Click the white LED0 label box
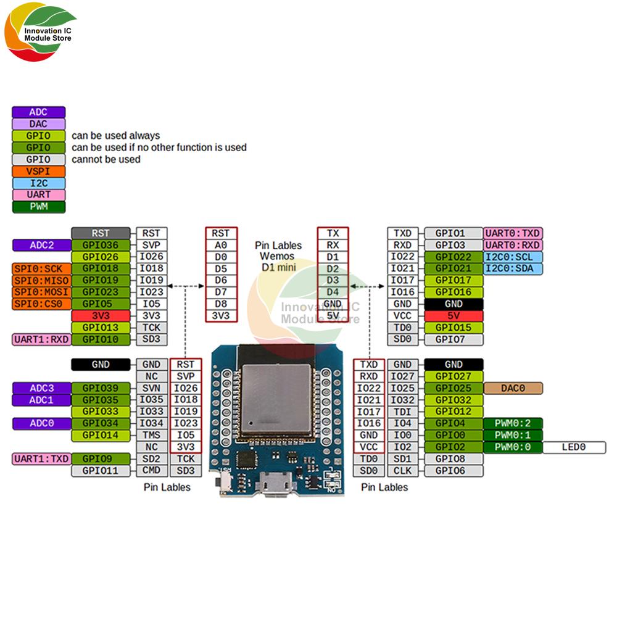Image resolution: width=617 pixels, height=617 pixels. pyautogui.click(x=574, y=447)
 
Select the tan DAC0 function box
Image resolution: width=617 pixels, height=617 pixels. pyautogui.click(x=513, y=388)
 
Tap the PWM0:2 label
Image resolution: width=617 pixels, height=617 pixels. pyautogui.click(x=513, y=423)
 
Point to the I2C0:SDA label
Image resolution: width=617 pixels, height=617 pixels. pyautogui.click(x=513, y=268)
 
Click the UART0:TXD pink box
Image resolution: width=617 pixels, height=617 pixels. pyautogui.click(x=513, y=233)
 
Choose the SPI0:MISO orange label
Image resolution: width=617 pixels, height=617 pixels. pyautogui.click(x=40, y=280)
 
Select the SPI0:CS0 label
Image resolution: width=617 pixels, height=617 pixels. pyautogui.click(x=40, y=304)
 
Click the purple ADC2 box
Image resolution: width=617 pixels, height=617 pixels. pyautogui.click(x=41, y=245)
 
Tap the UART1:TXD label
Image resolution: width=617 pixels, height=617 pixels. pyautogui.click(x=41, y=458)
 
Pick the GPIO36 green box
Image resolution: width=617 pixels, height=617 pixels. pyautogui.click(x=101, y=245)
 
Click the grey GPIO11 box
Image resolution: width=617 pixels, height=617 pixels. pyautogui.click(x=101, y=470)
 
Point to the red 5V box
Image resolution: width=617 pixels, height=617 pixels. pyautogui.click(x=453, y=315)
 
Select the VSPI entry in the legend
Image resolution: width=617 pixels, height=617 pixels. pyautogui.click(x=38, y=171)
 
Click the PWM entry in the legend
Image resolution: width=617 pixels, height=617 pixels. pyautogui.click(x=38, y=206)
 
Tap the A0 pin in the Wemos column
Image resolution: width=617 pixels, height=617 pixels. pyautogui.click(x=221, y=245)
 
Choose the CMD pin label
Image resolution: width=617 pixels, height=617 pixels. pyautogui.click(x=151, y=470)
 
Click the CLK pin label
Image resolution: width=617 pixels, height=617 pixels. pyautogui.click(x=402, y=470)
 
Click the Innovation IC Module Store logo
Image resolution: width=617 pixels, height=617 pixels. pyautogui.click(x=40, y=35)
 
